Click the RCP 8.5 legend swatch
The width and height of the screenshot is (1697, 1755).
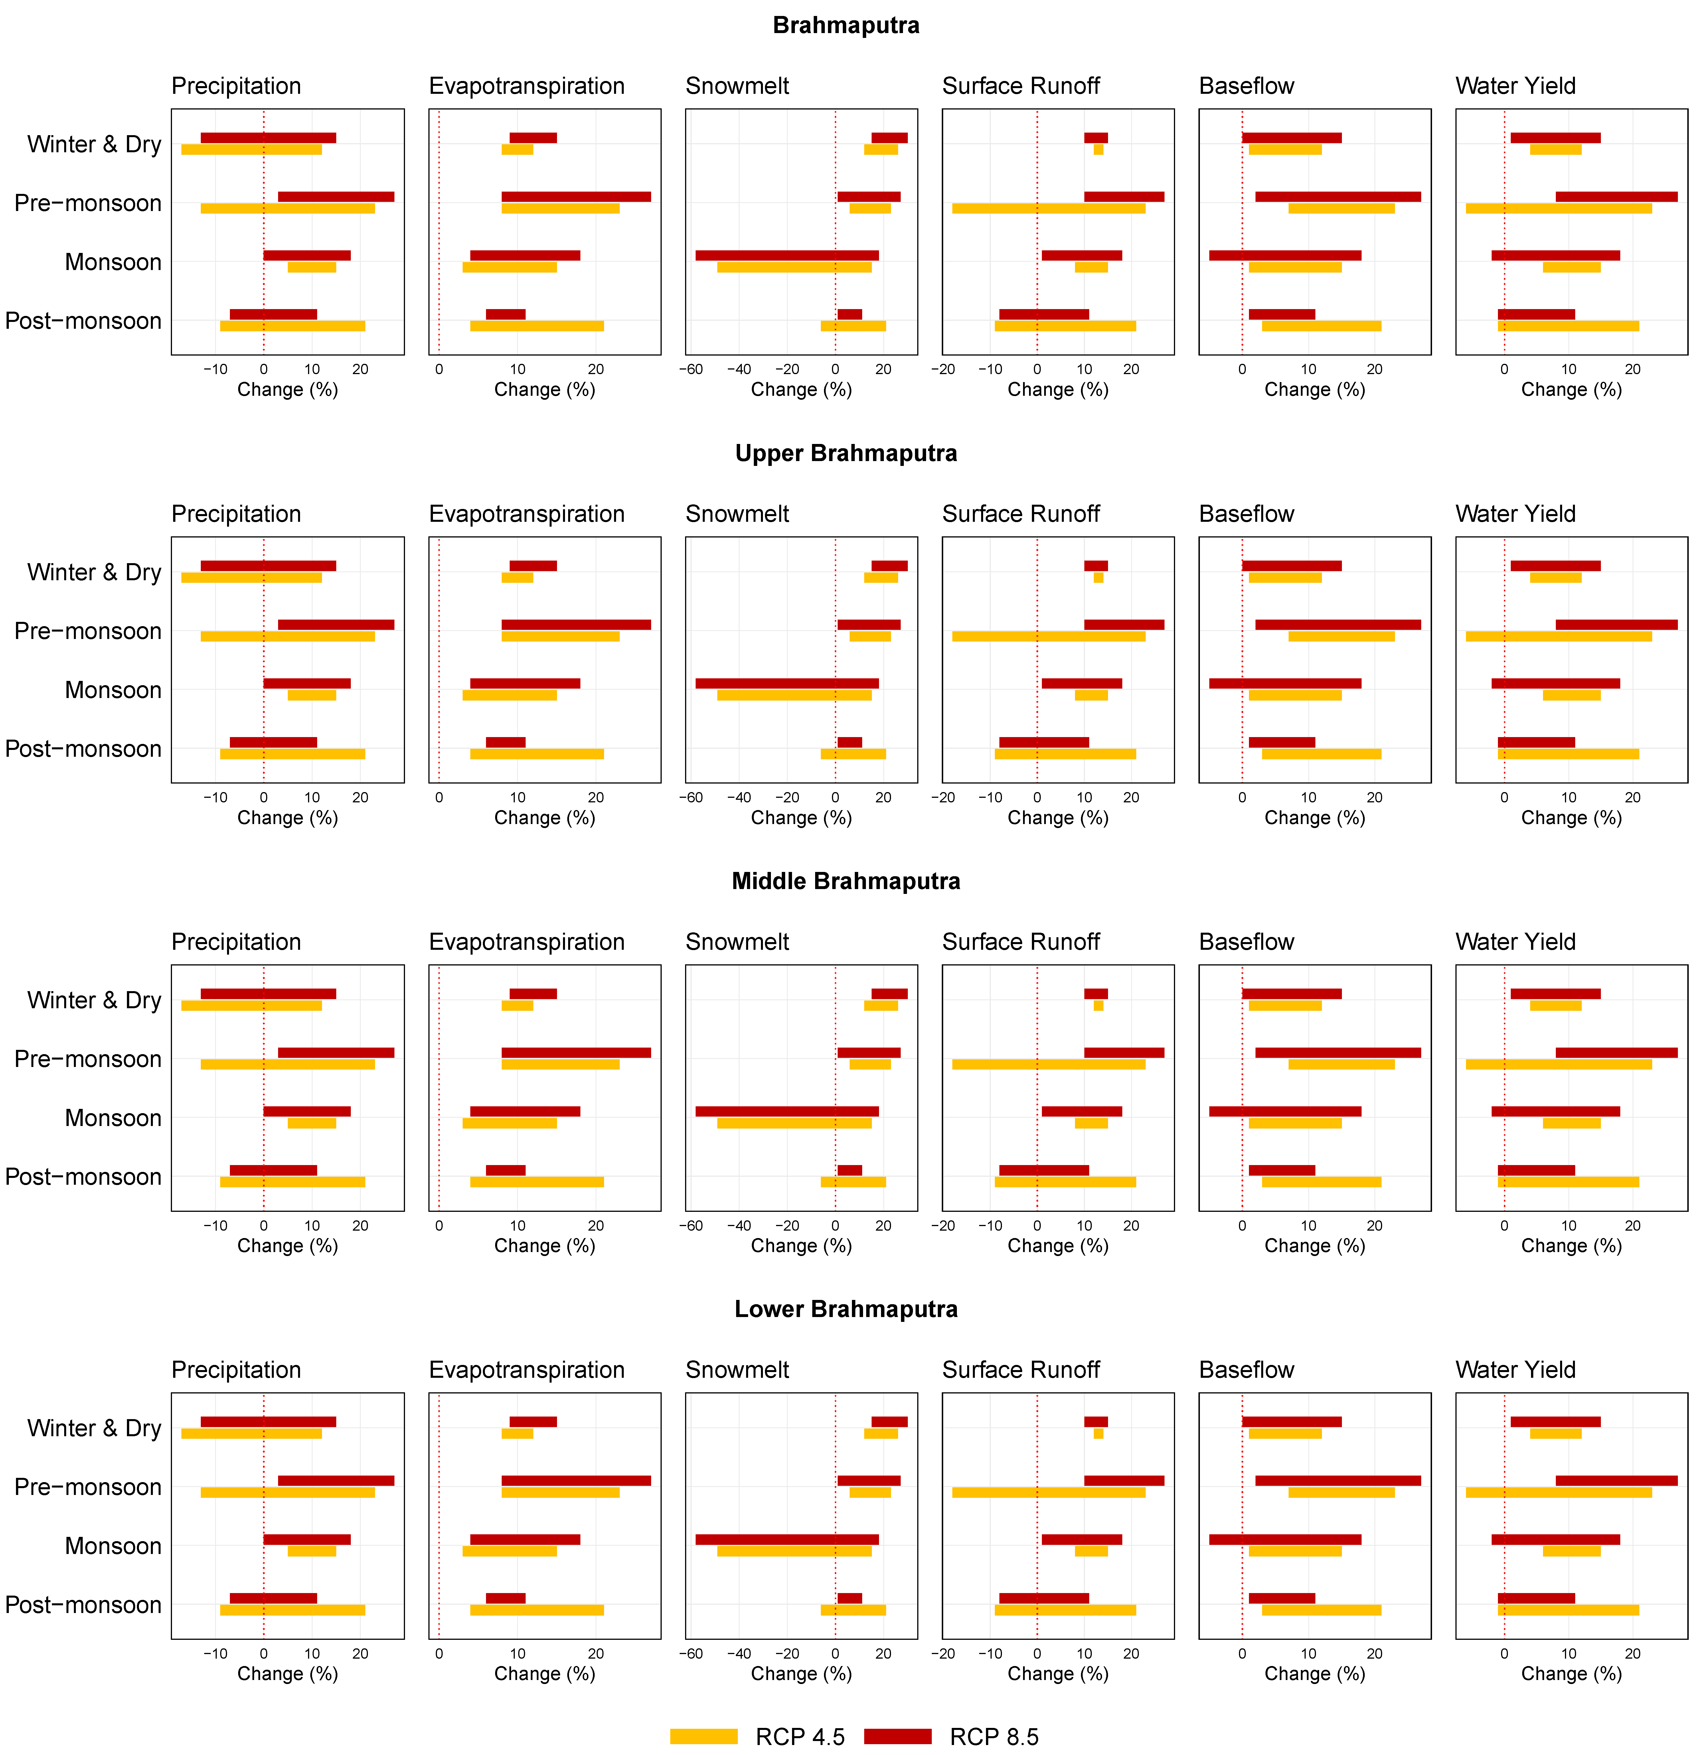coord(897,1736)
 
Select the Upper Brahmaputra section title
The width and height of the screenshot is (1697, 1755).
coord(845,453)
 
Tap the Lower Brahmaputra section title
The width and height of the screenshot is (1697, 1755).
coord(845,1309)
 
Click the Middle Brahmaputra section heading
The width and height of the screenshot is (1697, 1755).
coord(845,881)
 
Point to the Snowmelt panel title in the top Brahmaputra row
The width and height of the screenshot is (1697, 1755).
coord(737,86)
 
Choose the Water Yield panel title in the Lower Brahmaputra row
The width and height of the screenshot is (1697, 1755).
coord(1515,1370)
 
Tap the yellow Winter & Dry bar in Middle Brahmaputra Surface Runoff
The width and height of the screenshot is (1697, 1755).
coord(1098,1006)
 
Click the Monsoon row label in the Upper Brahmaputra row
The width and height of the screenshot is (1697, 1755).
coord(113,690)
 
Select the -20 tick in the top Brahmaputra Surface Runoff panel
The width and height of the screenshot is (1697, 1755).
coord(944,369)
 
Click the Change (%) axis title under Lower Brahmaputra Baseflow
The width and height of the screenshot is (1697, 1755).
coord(1314,1673)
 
